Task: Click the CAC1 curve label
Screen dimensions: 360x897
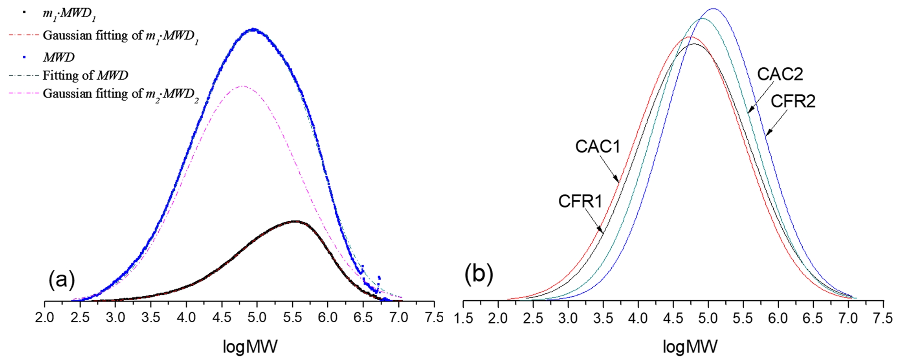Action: coord(598,147)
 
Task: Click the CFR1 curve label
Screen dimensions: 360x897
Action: coord(580,202)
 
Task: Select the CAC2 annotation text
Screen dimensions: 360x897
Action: coord(780,74)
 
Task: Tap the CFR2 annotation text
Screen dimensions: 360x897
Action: coord(793,102)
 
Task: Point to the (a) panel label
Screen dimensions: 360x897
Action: coord(62,280)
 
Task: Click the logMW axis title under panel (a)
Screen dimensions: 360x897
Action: coord(250,347)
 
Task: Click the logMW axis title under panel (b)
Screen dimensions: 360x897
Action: coord(690,347)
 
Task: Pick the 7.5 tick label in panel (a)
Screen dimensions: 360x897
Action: coord(434,318)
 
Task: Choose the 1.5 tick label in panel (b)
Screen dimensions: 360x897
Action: coord(463,318)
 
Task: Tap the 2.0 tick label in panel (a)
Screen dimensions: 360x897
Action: coord(45,318)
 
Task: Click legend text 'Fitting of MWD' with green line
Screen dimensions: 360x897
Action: coord(85,75)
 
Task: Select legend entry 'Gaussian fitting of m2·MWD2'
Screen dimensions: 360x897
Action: coord(120,94)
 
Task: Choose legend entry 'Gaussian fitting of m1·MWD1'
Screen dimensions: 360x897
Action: coord(120,36)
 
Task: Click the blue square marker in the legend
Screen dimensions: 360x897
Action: coord(24,57)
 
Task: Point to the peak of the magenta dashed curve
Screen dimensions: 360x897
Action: coord(242,86)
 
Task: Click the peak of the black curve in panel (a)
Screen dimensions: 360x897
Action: coord(295,221)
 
